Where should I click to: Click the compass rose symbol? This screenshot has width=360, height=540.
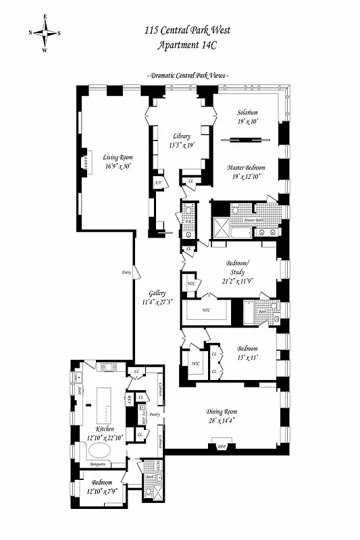click(x=45, y=32)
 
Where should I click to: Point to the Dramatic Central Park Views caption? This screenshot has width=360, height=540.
click(x=187, y=76)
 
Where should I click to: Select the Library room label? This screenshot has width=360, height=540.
click(x=181, y=136)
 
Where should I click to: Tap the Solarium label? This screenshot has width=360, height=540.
click(x=247, y=112)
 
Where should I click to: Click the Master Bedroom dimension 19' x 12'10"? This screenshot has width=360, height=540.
click(x=247, y=176)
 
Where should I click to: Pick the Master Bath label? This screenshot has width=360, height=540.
click(x=253, y=220)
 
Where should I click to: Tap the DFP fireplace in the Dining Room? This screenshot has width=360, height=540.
click(x=220, y=446)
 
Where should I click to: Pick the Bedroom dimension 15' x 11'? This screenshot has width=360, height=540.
click(x=247, y=358)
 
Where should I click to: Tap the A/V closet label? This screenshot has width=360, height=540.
click(x=157, y=183)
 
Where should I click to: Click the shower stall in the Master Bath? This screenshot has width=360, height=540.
click(x=220, y=225)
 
